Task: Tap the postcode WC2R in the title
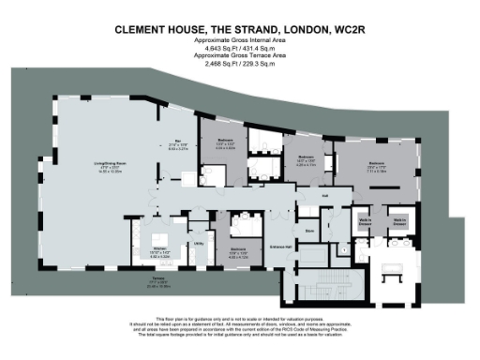[346, 30]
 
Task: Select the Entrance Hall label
[280, 245]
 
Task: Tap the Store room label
[309, 228]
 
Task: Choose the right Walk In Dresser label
[398, 222]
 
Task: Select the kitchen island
[158, 234]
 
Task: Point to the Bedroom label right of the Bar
[224, 144]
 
